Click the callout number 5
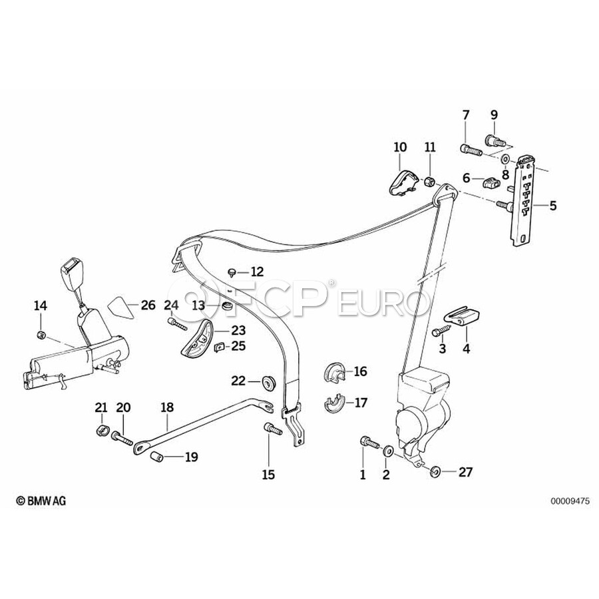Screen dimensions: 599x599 pos(553,206)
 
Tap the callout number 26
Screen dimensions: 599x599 pos(148,305)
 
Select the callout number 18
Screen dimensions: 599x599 pos(167,407)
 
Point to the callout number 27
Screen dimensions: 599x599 pos(465,472)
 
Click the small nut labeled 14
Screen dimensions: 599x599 pos(41,335)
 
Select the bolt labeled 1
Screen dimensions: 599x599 pos(369,443)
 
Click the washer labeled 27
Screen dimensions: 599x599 pos(435,472)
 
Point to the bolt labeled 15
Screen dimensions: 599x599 pos(272,429)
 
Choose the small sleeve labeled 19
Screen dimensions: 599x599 pos(156,456)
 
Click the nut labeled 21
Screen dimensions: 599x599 pos(101,430)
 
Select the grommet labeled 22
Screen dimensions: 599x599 pos(268,383)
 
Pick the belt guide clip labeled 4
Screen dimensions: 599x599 pos(462,317)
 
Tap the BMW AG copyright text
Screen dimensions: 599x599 pos(41,500)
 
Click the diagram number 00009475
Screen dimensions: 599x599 pos(570,500)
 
